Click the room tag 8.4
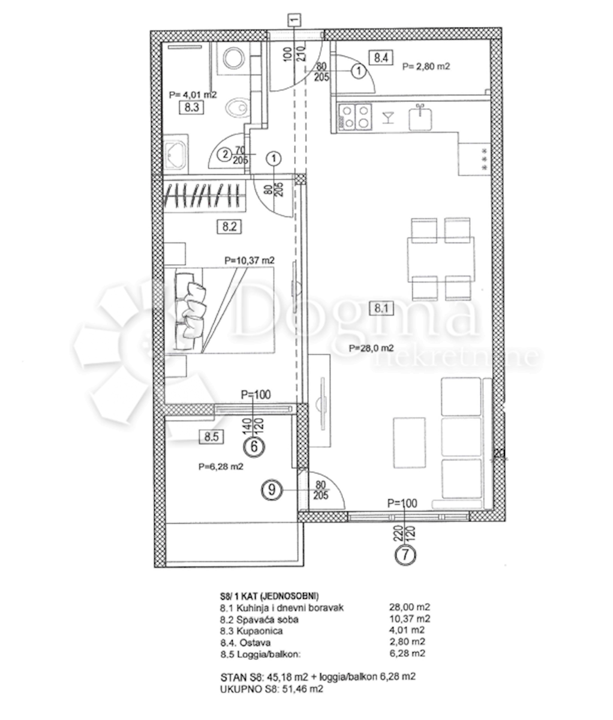(381, 58)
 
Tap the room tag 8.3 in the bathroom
(191, 107)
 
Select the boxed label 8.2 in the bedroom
(229, 227)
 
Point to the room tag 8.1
(381, 308)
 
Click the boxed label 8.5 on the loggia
(211, 436)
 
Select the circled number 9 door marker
(272, 490)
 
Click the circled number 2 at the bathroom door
(226, 154)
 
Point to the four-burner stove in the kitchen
(354, 117)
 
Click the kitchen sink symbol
(420, 118)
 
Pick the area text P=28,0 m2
(372, 347)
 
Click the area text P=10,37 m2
(250, 260)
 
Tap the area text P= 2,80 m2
(426, 66)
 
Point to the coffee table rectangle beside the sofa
(409, 443)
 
